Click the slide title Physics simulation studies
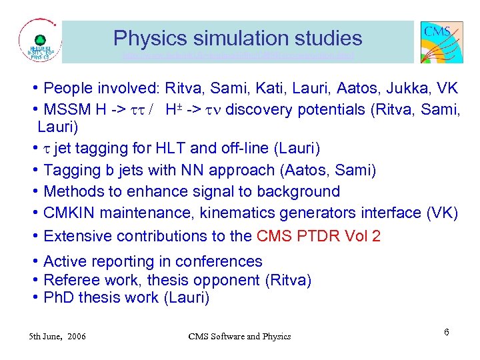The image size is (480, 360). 237,38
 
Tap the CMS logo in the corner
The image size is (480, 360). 441,41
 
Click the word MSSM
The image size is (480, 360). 65,109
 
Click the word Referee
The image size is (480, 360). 69,280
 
